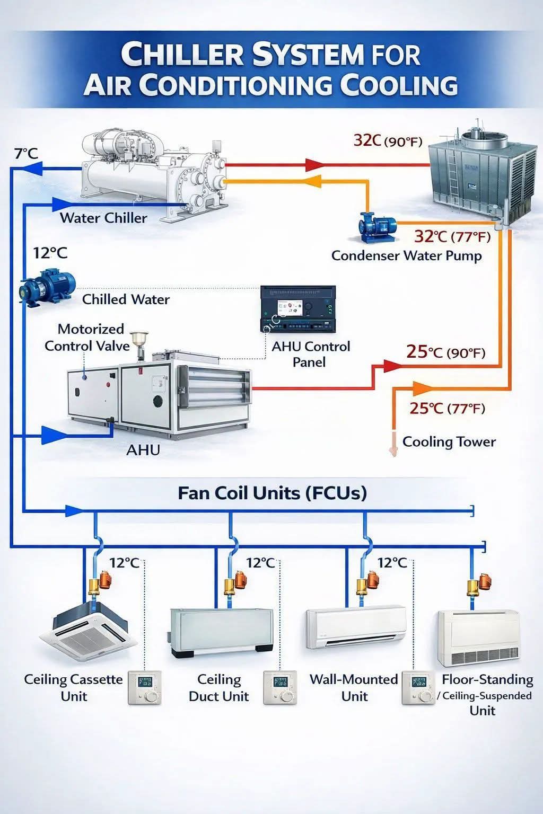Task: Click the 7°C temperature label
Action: [26, 154]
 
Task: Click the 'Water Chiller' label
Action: [103, 218]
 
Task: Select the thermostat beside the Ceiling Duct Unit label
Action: [279, 687]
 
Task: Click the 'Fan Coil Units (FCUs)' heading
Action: [272, 493]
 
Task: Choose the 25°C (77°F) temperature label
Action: [448, 409]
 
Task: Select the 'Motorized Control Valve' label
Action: [87, 337]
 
